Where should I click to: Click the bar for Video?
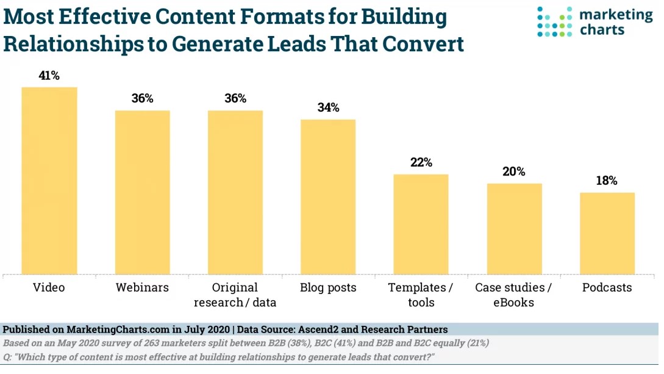49,181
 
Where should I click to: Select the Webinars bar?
143,192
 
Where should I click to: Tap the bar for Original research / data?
235,192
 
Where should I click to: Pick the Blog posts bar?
328,196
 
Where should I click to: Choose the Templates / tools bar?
421,224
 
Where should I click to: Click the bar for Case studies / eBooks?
514,228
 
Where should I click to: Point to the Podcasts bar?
607,233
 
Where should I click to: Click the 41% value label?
49,76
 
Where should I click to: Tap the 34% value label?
328,108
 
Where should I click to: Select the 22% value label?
421,163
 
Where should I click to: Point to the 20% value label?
514,172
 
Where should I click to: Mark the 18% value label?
607,181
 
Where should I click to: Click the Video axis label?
49,287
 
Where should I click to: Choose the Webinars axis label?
143,287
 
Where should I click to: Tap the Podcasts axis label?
607,287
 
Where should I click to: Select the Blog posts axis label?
328,287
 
